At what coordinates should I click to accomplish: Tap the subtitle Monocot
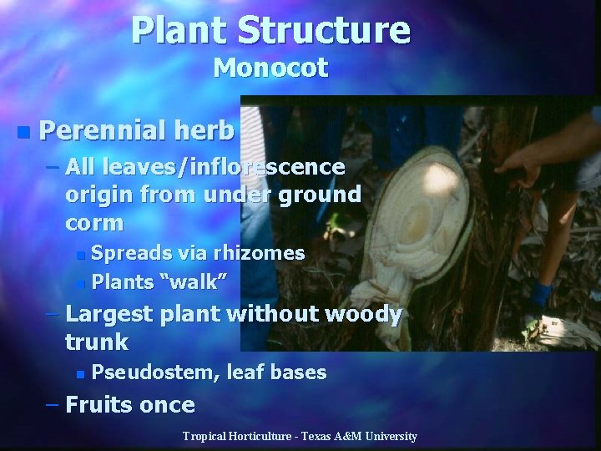click(x=270, y=68)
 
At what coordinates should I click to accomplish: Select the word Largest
click(x=108, y=315)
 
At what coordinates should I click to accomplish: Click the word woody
click(x=362, y=315)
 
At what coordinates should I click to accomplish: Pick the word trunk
click(x=97, y=342)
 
